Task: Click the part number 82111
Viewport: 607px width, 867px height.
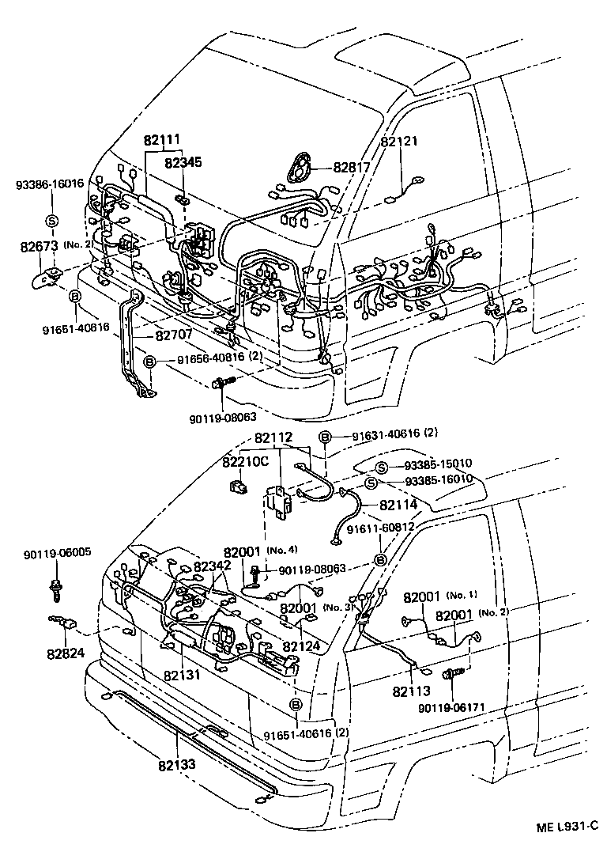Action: (x=162, y=141)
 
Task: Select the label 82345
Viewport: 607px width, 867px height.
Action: (x=183, y=163)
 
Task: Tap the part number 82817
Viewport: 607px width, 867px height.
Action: (x=351, y=167)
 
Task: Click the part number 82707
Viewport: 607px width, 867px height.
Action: (x=173, y=335)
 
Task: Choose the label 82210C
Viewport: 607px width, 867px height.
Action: (x=245, y=462)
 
